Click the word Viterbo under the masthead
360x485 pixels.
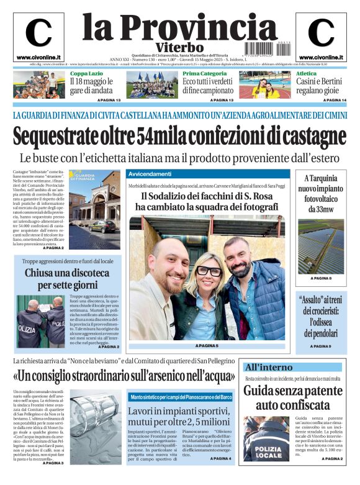click(x=179, y=47)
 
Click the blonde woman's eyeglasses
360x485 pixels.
click(x=209, y=271)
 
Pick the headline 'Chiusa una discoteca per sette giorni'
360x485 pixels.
click(x=68, y=279)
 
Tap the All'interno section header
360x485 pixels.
click(x=268, y=367)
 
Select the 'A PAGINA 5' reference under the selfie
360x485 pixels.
click(x=207, y=345)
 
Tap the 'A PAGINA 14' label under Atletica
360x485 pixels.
click(x=335, y=100)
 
